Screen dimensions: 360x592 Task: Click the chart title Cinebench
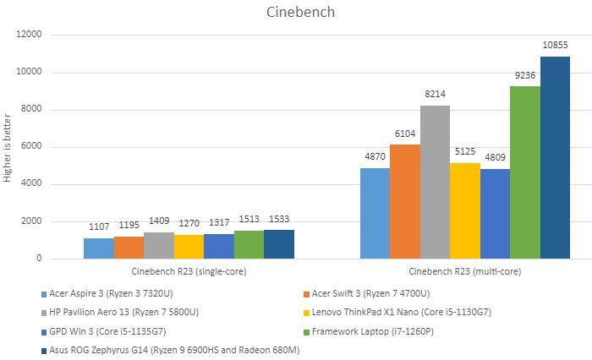tap(295, 12)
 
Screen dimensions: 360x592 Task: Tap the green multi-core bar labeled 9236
tap(524, 172)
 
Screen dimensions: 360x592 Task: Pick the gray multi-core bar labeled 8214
tap(435, 183)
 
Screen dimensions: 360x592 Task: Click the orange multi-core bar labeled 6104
tap(405, 202)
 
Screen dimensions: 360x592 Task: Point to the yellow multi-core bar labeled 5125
tap(464, 211)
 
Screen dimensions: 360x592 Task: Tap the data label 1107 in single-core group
tap(98, 227)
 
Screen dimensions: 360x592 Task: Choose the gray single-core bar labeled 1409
tap(158, 245)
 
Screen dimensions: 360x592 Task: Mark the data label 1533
tap(279, 219)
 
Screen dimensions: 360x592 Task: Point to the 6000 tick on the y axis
tap(32, 147)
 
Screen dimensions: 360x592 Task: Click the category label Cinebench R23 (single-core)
tap(189, 272)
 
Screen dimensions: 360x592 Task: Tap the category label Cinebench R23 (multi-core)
tap(465, 272)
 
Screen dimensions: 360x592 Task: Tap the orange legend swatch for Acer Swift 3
tap(306, 294)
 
